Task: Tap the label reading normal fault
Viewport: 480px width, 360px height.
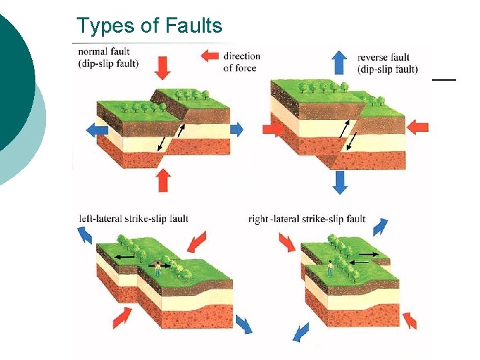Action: point(104,52)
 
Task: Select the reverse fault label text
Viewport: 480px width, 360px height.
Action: point(383,57)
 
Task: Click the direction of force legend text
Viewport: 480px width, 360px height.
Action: point(241,61)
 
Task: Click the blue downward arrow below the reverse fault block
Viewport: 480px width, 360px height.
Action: point(340,181)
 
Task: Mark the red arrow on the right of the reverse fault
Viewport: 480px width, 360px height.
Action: point(418,126)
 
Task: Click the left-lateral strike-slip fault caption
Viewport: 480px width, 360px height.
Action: point(133,218)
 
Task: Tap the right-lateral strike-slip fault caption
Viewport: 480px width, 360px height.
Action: point(307,219)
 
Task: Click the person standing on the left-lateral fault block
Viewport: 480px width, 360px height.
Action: point(158,268)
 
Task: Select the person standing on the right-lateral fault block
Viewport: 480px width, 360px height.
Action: point(329,268)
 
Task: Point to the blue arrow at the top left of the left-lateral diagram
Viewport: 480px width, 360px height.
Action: point(85,235)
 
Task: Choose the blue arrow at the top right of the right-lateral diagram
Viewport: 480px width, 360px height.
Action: point(380,227)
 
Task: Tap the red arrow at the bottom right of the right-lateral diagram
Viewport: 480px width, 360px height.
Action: point(409,321)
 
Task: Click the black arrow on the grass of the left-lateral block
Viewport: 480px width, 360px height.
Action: point(124,255)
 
